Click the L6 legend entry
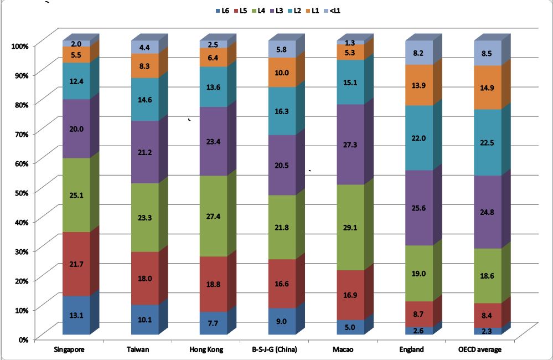(x=221, y=10)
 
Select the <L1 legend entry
(x=332, y=10)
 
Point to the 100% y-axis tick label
(x=20, y=45)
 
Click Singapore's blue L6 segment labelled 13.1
(x=76, y=315)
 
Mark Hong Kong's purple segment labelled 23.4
(x=214, y=141)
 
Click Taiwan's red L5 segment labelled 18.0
(x=145, y=279)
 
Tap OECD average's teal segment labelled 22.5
(x=488, y=142)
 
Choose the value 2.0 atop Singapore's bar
(x=76, y=43)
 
